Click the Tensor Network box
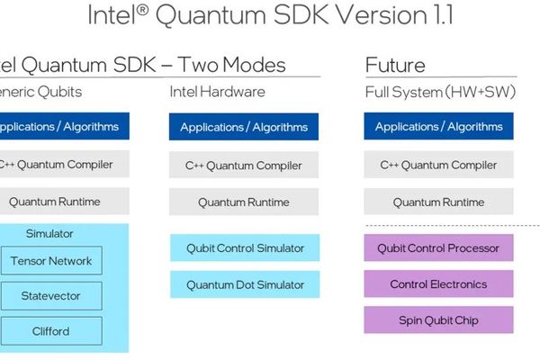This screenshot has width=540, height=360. click(x=50, y=262)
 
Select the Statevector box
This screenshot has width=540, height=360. click(x=50, y=296)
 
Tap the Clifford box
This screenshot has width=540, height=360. click(x=50, y=330)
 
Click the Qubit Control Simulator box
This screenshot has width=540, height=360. click(x=245, y=248)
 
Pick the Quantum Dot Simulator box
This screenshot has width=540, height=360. click(x=245, y=285)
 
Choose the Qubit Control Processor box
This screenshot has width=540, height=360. click(x=438, y=248)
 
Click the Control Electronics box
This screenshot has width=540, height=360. click(x=438, y=284)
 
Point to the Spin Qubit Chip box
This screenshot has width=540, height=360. click(x=438, y=320)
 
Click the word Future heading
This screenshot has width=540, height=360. click(x=395, y=66)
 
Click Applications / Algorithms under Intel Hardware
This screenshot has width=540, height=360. click(x=245, y=127)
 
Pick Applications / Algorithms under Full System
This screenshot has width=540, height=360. click(x=438, y=127)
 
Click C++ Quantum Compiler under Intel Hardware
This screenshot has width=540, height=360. click(x=245, y=166)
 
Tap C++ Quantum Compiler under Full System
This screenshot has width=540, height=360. click(x=438, y=166)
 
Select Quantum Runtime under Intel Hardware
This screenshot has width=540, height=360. click(x=245, y=202)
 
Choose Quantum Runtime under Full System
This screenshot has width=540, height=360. click(x=438, y=202)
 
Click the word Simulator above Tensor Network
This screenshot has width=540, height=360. click(x=50, y=234)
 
